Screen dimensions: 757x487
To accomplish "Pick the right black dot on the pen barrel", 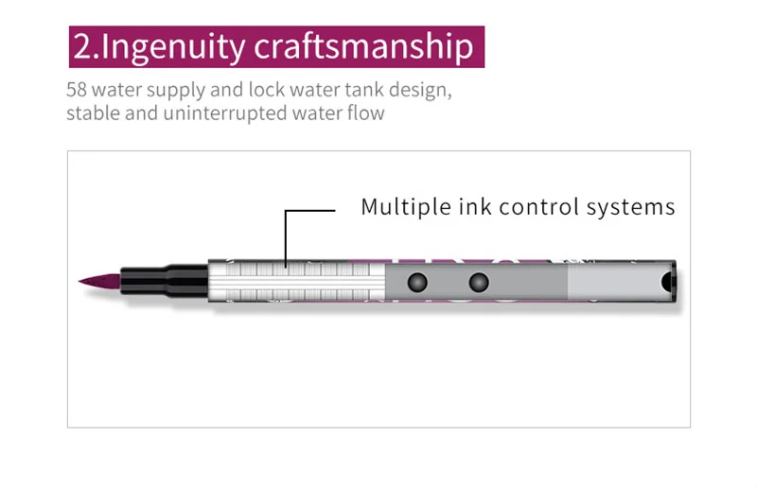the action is pyautogui.click(x=479, y=282).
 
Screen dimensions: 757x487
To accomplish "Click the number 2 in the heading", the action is pyautogui.click(x=81, y=47).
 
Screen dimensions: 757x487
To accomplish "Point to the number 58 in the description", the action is pyautogui.click(x=77, y=93).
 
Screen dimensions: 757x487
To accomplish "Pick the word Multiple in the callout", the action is pyautogui.click(x=402, y=207).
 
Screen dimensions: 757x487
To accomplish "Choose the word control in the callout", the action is pyautogui.click(x=539, y=207).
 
